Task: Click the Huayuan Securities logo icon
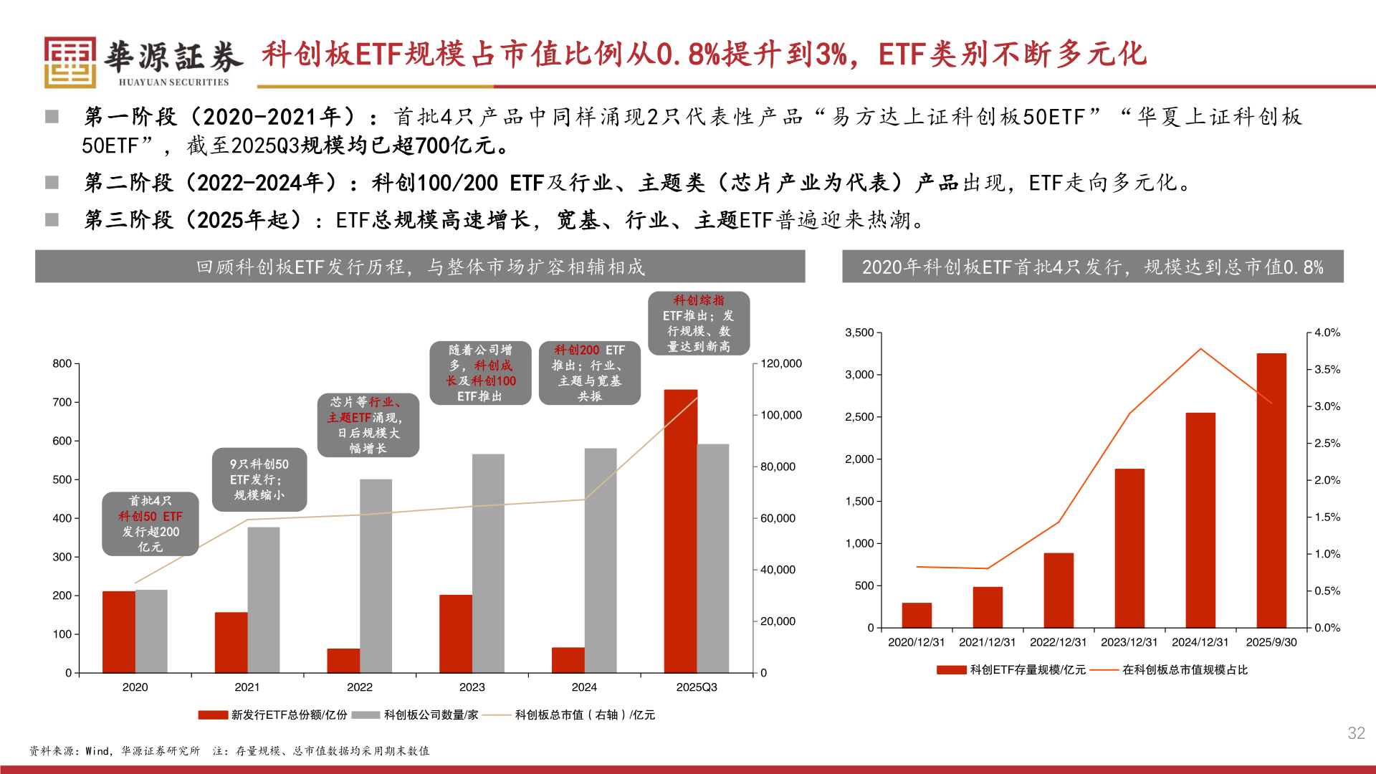70,62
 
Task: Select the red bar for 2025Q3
680,530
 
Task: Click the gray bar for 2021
264,599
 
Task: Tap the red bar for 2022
343,660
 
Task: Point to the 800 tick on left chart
62,363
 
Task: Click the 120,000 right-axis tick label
780,363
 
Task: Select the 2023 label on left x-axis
472,687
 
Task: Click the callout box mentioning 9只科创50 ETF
259,479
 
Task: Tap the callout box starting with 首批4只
150,524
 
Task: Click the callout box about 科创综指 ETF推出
699,323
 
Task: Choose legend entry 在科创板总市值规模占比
1184,669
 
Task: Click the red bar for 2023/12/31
1129,548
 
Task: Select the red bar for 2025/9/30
1271,490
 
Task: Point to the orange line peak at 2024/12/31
1200,349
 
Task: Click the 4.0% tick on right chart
1327,333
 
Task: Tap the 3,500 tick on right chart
859,333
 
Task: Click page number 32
1356,732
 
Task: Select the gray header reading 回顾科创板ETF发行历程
420,267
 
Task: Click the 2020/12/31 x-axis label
916,642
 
